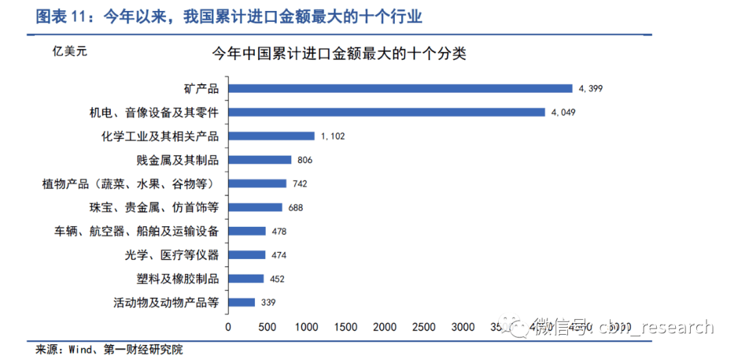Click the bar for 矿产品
[400, 88]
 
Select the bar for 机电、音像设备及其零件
[386, 112]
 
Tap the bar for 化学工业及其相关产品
[271, 136]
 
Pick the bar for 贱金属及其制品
[260, 160]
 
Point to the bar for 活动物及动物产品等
[241, 302]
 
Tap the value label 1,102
[332, 137]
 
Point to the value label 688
[295, 208]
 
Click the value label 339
[267, 303]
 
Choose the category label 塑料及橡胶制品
[178, 279]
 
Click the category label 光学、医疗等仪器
[172, 255]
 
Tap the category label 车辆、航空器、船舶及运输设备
[137, 232]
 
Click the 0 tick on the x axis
[228, 327]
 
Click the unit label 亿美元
[70, 50]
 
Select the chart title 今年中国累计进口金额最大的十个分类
[339, 53]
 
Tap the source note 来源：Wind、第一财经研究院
[109, 350]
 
